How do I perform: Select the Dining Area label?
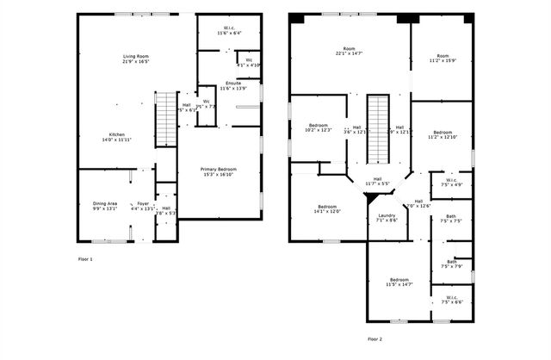point(106,204)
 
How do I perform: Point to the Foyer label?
point(143,204)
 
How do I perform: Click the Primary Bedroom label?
point(220,170)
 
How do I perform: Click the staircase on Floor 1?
point(164,119)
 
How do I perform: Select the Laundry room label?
point(387,217)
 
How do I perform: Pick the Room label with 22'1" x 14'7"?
point(349,50)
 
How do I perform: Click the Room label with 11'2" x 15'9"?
point(442,58)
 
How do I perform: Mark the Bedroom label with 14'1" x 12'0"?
point(327,208)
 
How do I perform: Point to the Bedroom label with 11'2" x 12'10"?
point(442,133)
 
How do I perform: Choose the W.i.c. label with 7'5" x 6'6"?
point(451,300)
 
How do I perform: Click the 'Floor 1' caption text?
point(84,258)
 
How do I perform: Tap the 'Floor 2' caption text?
point(375,338)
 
